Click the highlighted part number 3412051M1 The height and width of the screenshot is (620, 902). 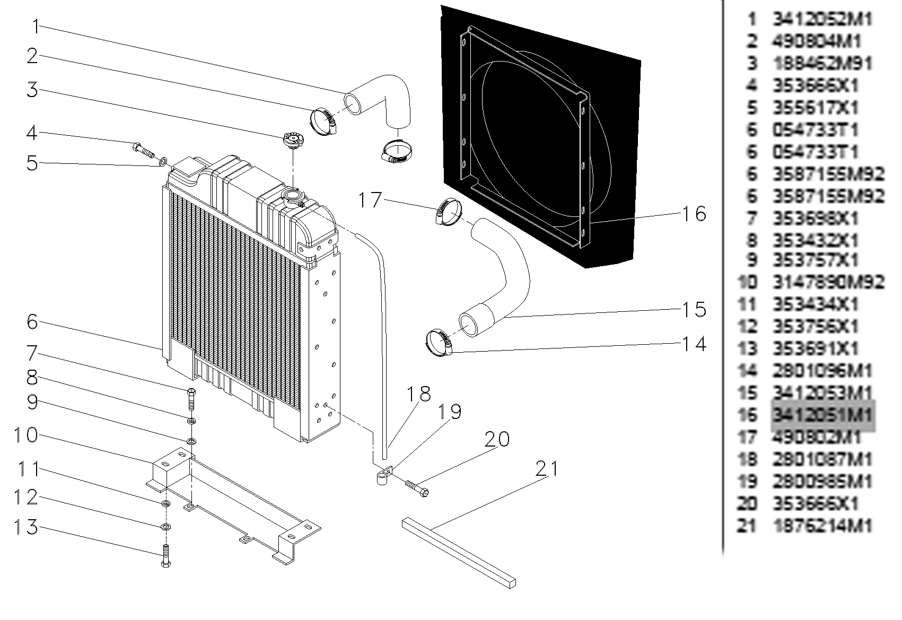[x=821, y=415]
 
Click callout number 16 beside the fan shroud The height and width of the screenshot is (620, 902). [x=694, y=214]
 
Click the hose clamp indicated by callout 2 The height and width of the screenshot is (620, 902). [x=323, y=121]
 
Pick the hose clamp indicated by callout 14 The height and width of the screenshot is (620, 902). [x=439, y=342]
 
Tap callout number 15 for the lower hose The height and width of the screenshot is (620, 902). [x=694, y=309]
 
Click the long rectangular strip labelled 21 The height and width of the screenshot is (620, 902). [x=459, y=552]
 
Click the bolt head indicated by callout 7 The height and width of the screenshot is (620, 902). [x=191, y=393]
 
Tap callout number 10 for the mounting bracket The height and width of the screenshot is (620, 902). [x=25, y=435]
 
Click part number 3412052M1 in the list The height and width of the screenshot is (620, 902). [x=821, y=20]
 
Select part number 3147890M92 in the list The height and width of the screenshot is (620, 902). [x=828, y=282]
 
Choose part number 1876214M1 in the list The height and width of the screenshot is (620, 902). [x=821, y=526]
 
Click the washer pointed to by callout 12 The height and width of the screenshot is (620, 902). [x=165, y=527]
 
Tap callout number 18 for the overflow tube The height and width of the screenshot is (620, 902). [x=418, y=394]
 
